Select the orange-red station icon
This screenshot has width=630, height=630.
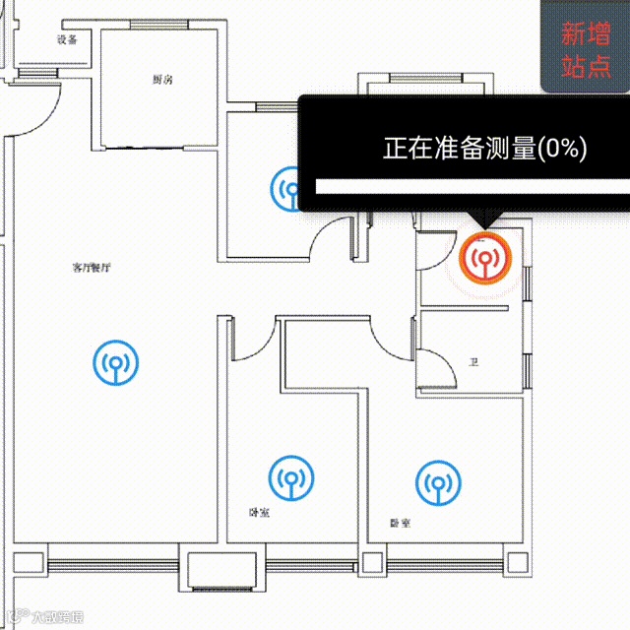pos(485,259)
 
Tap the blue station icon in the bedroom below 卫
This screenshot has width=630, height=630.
pos(436,482)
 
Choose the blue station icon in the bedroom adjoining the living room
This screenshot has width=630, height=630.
pos(290,477)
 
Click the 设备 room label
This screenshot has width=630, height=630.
pos(67,40)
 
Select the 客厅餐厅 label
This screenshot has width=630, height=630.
pos(91,267)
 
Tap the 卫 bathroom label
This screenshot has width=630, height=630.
pos(473,363)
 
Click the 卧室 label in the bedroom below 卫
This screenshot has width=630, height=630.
pos(401,524)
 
